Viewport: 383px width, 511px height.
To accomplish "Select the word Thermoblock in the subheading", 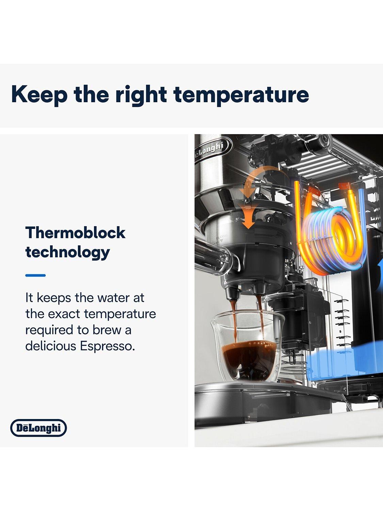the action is (x=75, y=233).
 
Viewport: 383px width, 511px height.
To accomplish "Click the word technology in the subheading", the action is (x=67, y=253).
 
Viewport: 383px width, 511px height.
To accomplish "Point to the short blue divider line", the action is (x=35, y=275).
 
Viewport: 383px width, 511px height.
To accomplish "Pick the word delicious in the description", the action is (x=51, y=346).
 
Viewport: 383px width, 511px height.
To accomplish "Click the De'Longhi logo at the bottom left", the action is (x=38, y=428).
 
